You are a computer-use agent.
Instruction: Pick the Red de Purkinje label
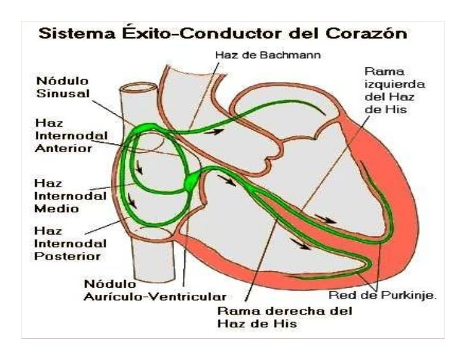point(382,295)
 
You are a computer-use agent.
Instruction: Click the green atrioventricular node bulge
point(192,184)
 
